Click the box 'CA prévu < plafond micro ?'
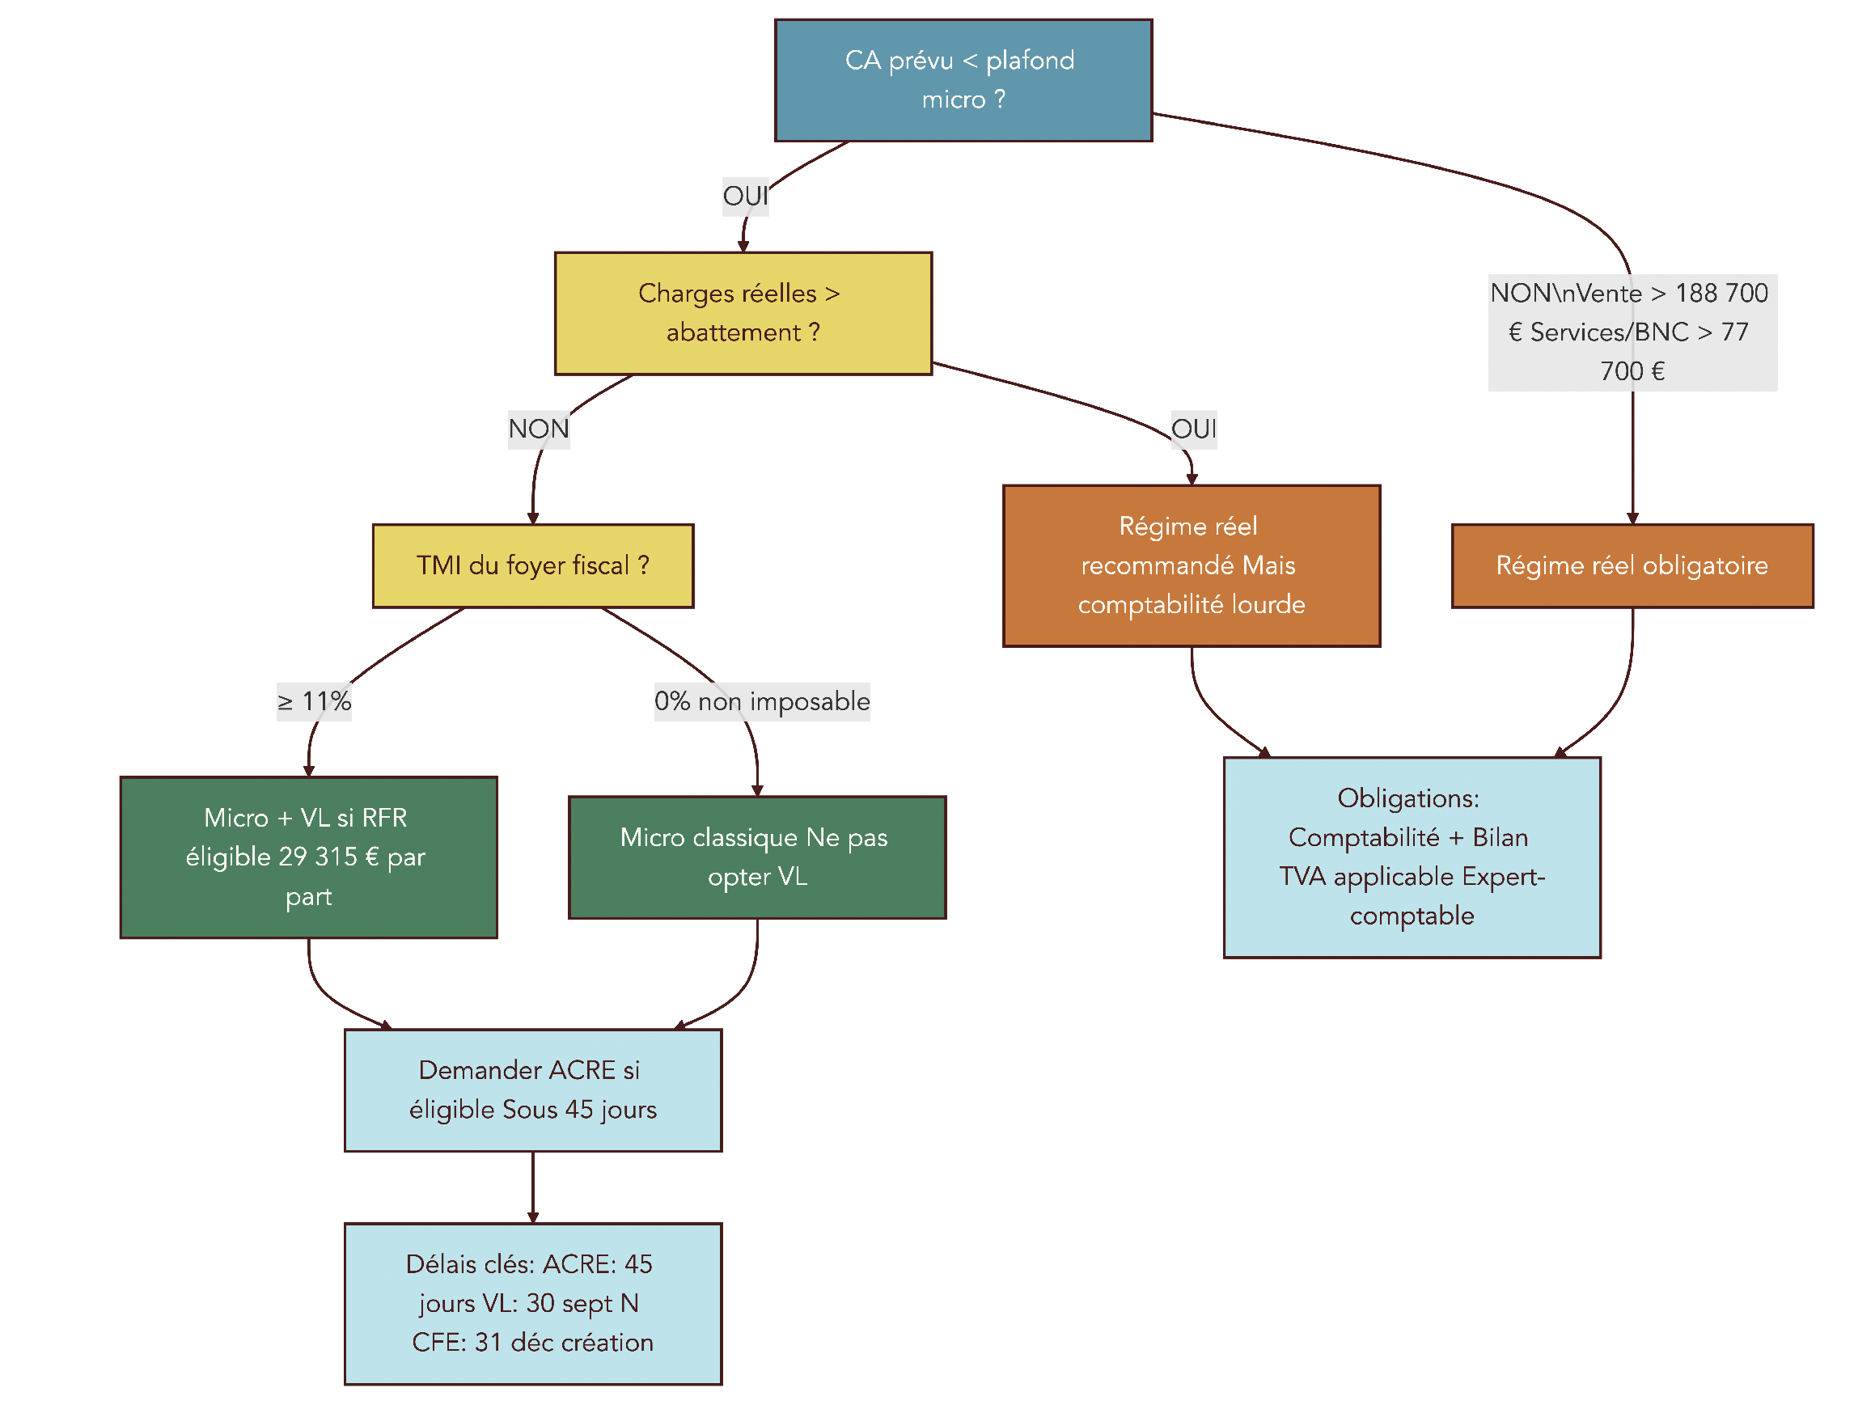tap(963, 81)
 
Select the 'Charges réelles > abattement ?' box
tap(743, 313)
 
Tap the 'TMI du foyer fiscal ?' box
tap(532, 565)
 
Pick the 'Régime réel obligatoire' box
tap(1631, 565)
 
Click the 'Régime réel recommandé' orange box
tap(1191, 565)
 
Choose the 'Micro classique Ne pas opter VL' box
tap(756, 857)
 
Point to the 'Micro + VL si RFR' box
tap(308, 857)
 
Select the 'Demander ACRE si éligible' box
tap(532, 1090)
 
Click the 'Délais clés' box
tap(532, 1302)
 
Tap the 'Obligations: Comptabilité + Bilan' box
tap(1412, 857)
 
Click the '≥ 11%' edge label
tap(314, 701)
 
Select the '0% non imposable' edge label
tap(761, 701)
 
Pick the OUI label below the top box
tap(745, 197)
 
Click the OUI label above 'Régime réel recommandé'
tap(1192, 429)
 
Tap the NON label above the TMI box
tap(539, 429)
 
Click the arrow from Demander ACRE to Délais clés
tap(532, 1187)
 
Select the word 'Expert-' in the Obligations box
tap(1503, 877)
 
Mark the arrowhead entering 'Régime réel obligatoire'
tap(1632, 518)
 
